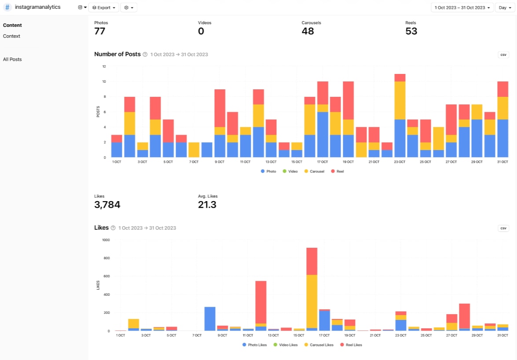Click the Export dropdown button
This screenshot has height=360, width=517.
pos(103,7)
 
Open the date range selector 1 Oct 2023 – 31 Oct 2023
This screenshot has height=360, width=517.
pos(462,7)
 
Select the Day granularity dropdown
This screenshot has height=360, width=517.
pos(503,7)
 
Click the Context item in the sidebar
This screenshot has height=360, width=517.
pos(11,36)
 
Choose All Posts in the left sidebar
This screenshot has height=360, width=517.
pos(12,59)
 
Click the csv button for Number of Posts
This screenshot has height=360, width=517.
pos(503,55)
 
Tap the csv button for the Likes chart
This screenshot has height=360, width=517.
pos(503,228)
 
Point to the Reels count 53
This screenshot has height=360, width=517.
pos(411,31)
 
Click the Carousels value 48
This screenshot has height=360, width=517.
pos(308,31)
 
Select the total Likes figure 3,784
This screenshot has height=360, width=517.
pos(107,205)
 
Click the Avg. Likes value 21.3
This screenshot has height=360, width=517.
pos(207,205)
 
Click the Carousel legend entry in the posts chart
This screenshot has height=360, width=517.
pos(314,171)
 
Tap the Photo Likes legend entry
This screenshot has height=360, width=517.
pos(255,345)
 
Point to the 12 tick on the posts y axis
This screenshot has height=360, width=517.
pos(104,66)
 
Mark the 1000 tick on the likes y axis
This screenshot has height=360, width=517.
pos(106,240)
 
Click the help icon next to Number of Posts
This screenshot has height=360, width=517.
pos(145,55)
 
